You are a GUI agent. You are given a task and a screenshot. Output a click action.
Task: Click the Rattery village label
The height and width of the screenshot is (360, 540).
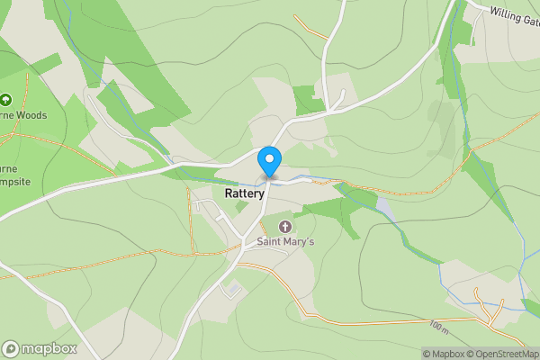244,193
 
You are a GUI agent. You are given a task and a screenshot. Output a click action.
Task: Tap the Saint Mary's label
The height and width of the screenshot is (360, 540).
285,241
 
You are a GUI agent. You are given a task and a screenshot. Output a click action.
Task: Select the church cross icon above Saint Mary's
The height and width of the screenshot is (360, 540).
285,226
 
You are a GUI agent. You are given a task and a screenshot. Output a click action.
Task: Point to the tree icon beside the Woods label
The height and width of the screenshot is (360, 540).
5,100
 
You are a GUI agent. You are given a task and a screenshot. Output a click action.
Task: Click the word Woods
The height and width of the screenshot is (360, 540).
30,115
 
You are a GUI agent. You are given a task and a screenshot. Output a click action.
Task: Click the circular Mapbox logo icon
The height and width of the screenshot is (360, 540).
12,348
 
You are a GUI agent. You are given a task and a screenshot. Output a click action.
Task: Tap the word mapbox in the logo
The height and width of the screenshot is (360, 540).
49,348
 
